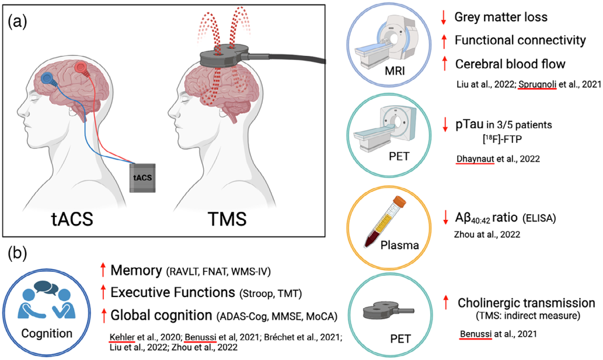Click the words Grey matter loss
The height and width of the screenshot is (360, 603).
click(x=501, y=17)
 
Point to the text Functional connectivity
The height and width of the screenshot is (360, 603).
click(x=520, y=40)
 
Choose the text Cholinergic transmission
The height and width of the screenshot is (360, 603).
click(x=526, y=303)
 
